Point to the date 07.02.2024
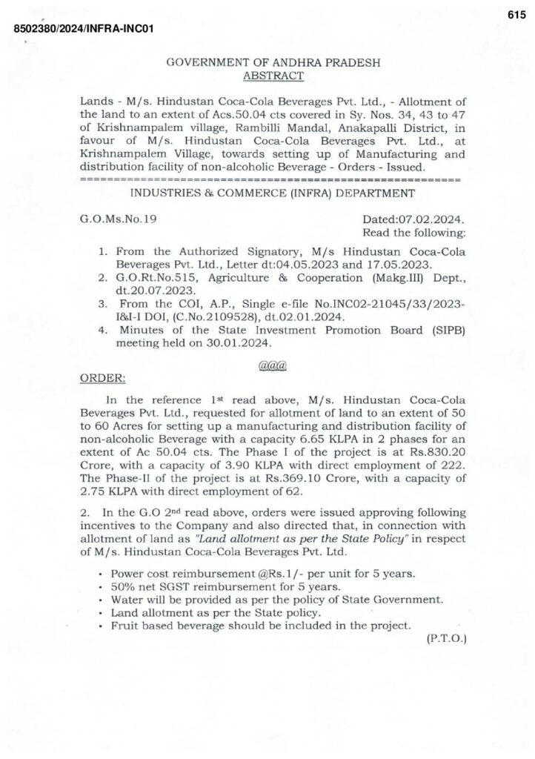point(433,219)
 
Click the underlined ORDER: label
point(102,377)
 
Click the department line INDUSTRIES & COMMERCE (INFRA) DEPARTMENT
point(271,193)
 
